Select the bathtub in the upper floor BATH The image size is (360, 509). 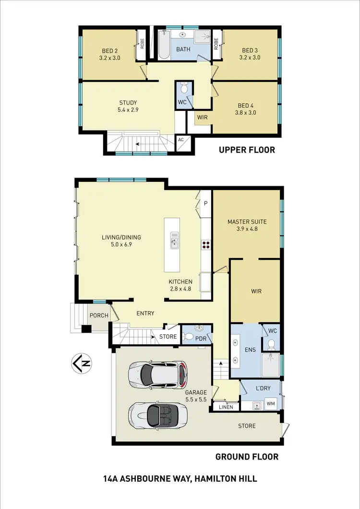tap(164, 46)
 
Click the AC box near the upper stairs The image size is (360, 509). tap(181, 139)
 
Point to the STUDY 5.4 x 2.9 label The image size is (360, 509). tap(128, 106)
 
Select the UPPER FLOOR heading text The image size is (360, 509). tap(247, 150)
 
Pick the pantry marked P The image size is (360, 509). tap(205, 204)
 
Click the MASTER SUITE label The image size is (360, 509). tap(247, 225)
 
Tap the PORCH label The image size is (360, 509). tap(99, 315)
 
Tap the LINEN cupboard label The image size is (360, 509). tap(226, 407)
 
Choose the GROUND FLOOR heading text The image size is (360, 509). tap(247, 457)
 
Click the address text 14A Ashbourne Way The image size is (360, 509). tap(180, 479)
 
